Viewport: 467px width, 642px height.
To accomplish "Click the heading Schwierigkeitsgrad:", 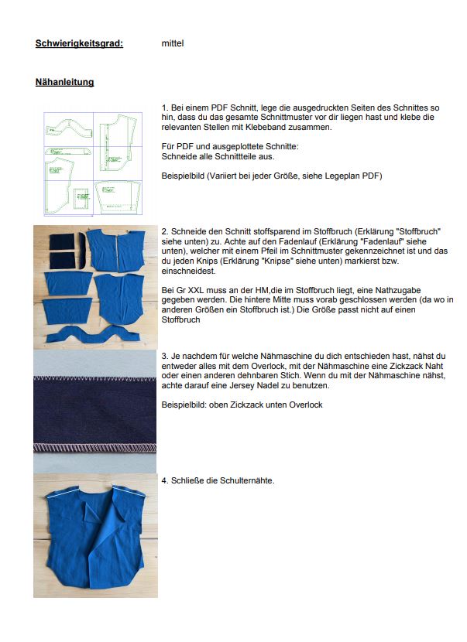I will point(79,43).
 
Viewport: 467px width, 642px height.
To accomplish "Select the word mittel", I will point(173,43).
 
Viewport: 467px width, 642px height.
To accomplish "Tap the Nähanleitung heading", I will point(64,81).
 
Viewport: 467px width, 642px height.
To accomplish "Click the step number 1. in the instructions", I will point(165,107).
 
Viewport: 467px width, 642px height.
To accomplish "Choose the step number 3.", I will point(165,355).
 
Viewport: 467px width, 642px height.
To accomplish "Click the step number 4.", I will point(165,480).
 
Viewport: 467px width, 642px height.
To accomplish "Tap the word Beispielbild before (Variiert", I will point(183,176).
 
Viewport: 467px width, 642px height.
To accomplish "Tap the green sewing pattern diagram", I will point(94,162).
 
